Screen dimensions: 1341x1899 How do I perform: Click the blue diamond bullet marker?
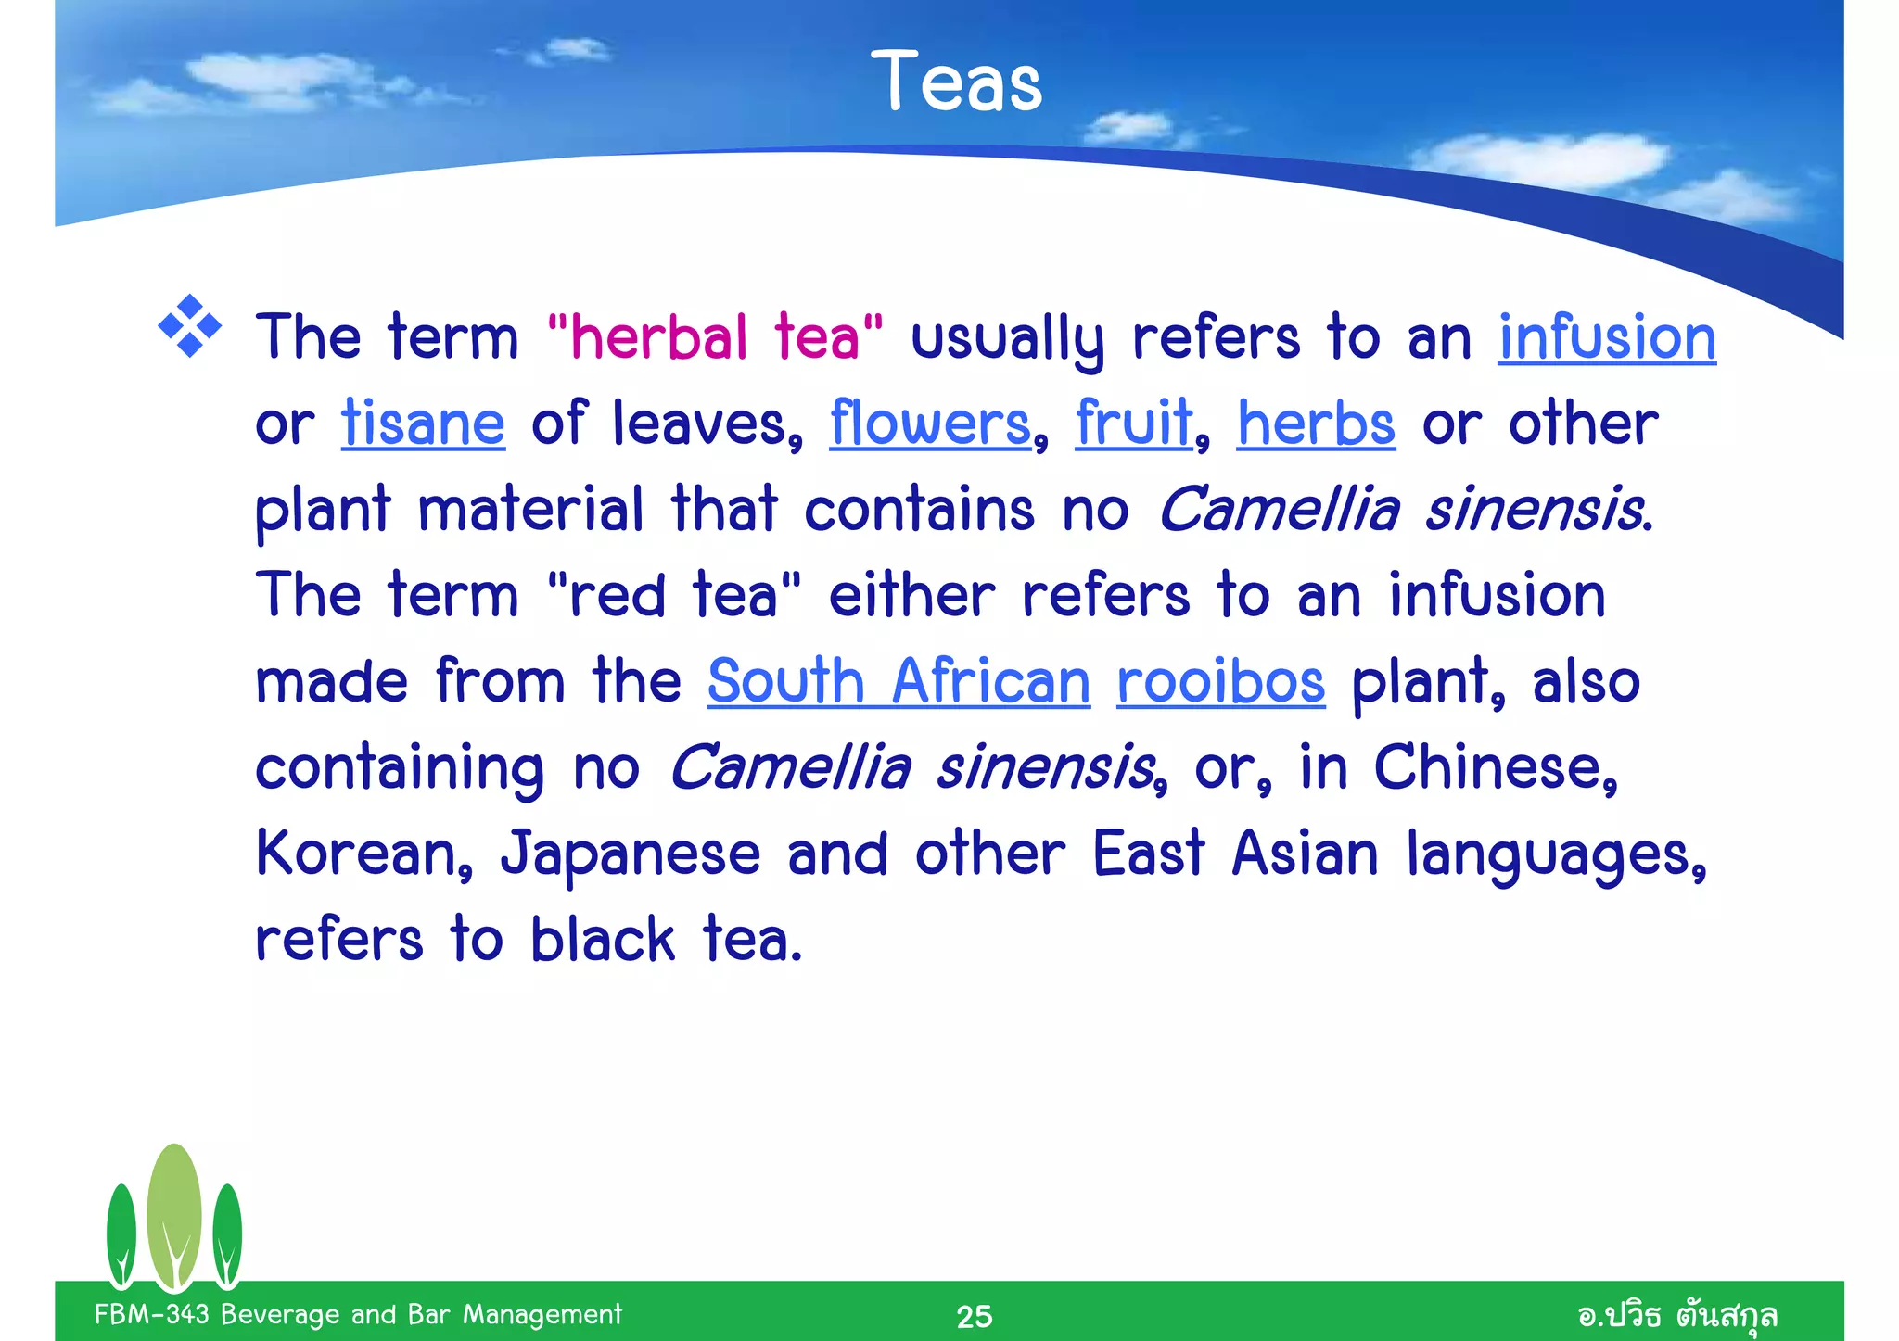click(x=190, y=326)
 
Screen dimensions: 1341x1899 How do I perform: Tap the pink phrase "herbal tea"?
click(x=715, y=336)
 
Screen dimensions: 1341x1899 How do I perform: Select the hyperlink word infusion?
click(x=1607, y=336)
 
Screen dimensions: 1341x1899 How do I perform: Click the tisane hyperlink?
click(x=423, y=423)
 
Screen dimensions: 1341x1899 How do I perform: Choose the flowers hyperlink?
click(x=930, y=423)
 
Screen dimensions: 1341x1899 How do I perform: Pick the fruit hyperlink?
click(x=1133, y=423)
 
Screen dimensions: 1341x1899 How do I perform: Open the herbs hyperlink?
click(x=1316, y=423)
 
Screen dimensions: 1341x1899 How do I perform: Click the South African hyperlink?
click(x=899, y=681)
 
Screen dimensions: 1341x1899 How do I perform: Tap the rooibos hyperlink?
click(x=1220, y=681)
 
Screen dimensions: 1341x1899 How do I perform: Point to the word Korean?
click(x=363, y=854)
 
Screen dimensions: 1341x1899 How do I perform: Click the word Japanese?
click(x=631, y=854)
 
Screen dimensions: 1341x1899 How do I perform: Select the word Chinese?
click(x=1494, y=767)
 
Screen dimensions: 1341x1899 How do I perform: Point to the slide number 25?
click(x=974, y=1316)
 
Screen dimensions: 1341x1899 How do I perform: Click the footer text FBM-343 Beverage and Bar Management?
click(x=358, y=1314)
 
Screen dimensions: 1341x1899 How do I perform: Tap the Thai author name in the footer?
click(x=1677, y=1315)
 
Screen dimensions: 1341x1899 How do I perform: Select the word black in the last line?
click(x=603, y=940)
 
